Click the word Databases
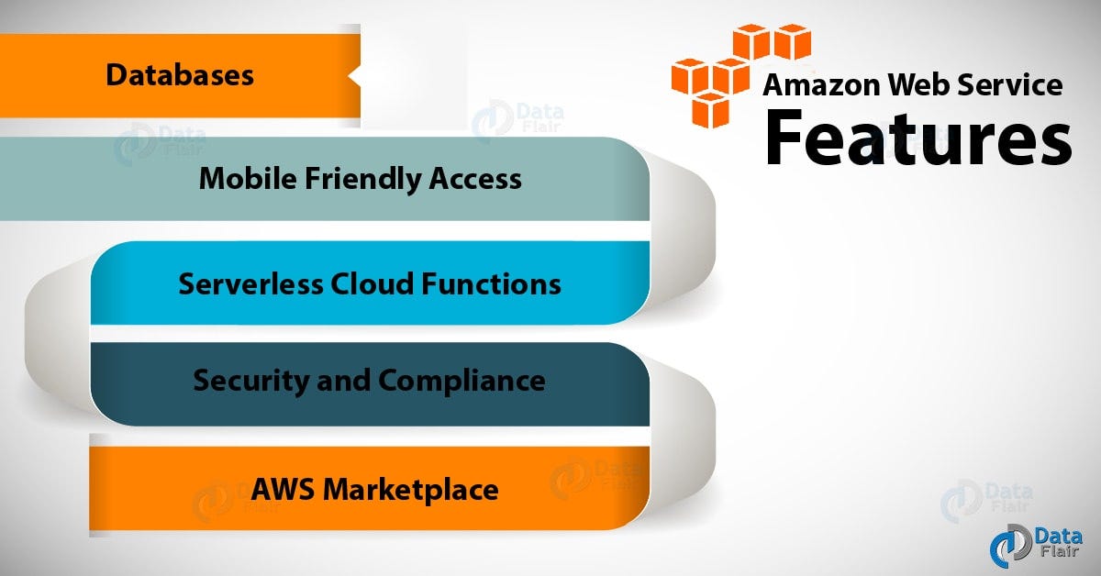click(180, 74)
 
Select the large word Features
click(918, 138)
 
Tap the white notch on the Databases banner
click(355, 75)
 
